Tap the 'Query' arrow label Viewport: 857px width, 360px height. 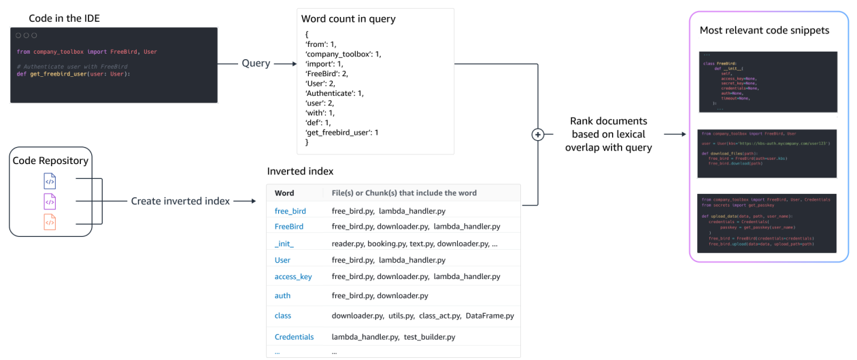click(256, 63)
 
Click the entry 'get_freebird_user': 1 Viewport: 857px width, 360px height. click(342, 132)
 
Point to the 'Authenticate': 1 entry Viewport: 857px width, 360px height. click(335, 93)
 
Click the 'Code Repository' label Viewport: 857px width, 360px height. click(50, 161)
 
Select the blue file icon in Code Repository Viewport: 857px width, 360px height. click(50, 181)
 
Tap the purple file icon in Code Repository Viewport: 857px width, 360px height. click(50, 201)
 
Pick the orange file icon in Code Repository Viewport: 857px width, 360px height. click(50, 222)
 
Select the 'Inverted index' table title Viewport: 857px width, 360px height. click(300, 171)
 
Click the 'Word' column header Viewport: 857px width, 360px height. click(284, 193)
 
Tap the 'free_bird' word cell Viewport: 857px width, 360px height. click(290, 211)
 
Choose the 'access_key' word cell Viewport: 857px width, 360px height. click(293, 276)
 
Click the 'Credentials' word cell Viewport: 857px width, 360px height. click(294, 337)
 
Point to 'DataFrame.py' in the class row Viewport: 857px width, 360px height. click(490, 316)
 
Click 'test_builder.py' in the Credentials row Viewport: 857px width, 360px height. click(429, 337)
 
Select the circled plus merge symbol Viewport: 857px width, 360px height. click(538, 135)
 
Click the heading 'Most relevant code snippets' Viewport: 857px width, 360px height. click(764, 31)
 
